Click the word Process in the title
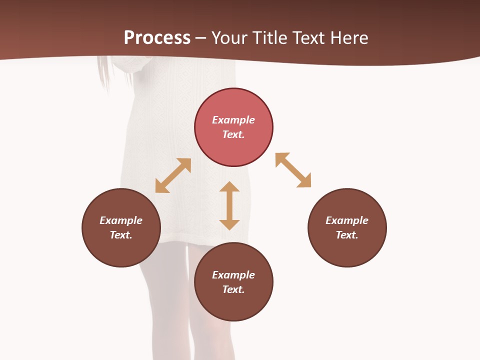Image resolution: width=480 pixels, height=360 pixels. click(x=157, y=38)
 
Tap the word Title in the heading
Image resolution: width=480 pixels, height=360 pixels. click(x=269, y=38)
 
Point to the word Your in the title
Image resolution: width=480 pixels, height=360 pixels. click(x=229, y=38)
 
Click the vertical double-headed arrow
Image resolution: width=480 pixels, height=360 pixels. click(x=229, y=205)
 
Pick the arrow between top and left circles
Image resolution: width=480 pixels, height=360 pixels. click(x=173, y=175)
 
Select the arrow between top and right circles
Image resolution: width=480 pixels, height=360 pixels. click(x=293, y=170)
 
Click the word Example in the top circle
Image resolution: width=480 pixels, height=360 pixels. click(x=233, y=120)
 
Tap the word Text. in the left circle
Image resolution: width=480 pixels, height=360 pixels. click(x=121, y=235)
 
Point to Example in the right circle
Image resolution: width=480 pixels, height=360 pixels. click(x=347, y=220)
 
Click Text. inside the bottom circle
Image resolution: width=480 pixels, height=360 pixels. click(x=233, y=289)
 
